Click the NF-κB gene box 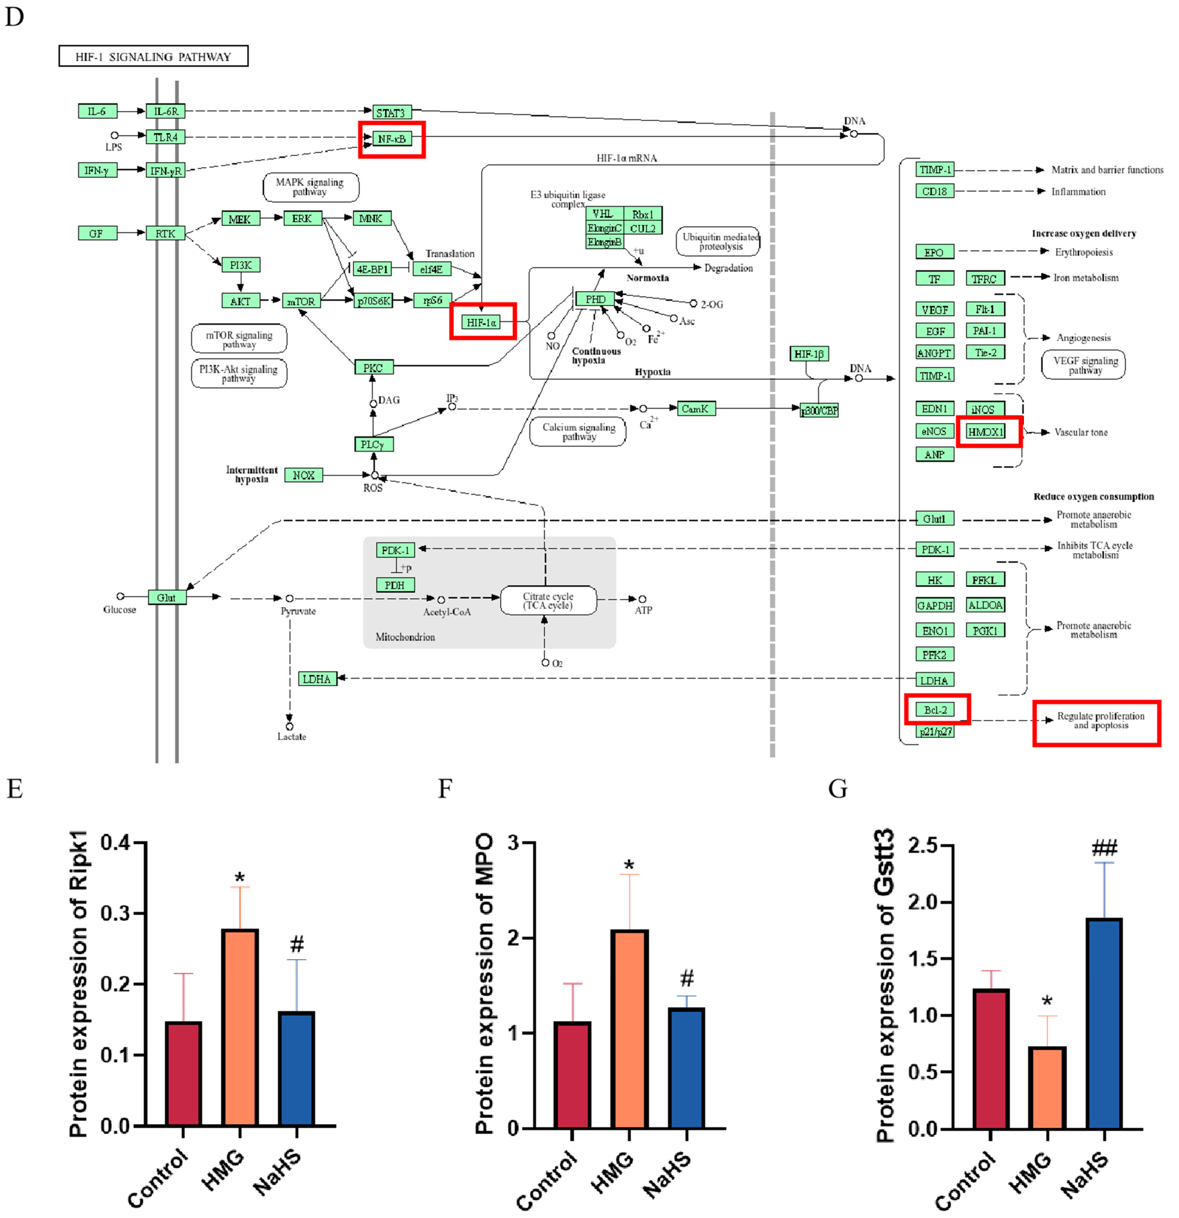tap(392, 139)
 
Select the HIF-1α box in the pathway tap(481, 322)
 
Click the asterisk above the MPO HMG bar tap(629, 864)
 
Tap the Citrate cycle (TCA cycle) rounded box tap(548, 600)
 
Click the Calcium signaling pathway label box tap(578, 431)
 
